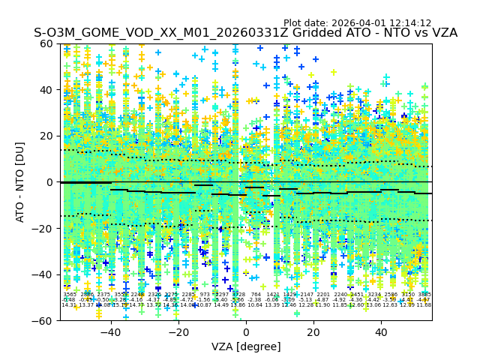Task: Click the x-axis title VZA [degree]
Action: [246, 346]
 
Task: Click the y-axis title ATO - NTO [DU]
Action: [20, 181]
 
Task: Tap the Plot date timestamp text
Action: [357, 23]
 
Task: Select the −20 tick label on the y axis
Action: [44, 228]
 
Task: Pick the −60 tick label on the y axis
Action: [44, 320]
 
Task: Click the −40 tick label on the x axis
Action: [110, 332]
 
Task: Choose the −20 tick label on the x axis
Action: [178, 332]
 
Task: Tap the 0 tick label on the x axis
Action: [246, 332]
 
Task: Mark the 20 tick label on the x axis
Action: [313, 332]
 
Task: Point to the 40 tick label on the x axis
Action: [381, 332]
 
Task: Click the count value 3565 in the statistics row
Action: [70, 295]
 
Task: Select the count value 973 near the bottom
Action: [205, 295]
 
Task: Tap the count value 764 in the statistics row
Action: [256, 295]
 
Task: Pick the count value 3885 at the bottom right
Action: [424, 295]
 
